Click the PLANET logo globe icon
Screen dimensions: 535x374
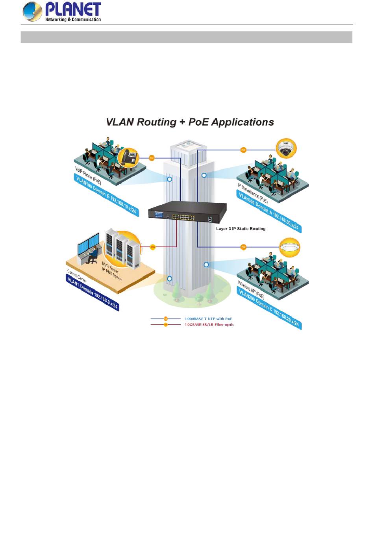tap(32, 11)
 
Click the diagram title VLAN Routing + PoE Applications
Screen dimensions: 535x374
tap(190, 122)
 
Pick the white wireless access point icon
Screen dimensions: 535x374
tap(289, 248)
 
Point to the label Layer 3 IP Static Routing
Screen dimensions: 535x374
tap(241, 229)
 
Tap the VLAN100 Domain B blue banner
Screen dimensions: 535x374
tap(106, 195)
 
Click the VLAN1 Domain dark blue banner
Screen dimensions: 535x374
tap(93, 292)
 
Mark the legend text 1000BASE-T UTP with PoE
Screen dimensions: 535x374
tap(208, 319)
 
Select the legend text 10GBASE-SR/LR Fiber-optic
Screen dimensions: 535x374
tap(209, 325)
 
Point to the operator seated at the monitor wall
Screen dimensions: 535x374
tap(93, 254)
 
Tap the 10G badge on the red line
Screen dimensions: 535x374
tap(153, 247)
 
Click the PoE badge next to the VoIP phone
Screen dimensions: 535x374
tap(152, 158)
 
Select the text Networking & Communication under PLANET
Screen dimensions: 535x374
tap(73, 19)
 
